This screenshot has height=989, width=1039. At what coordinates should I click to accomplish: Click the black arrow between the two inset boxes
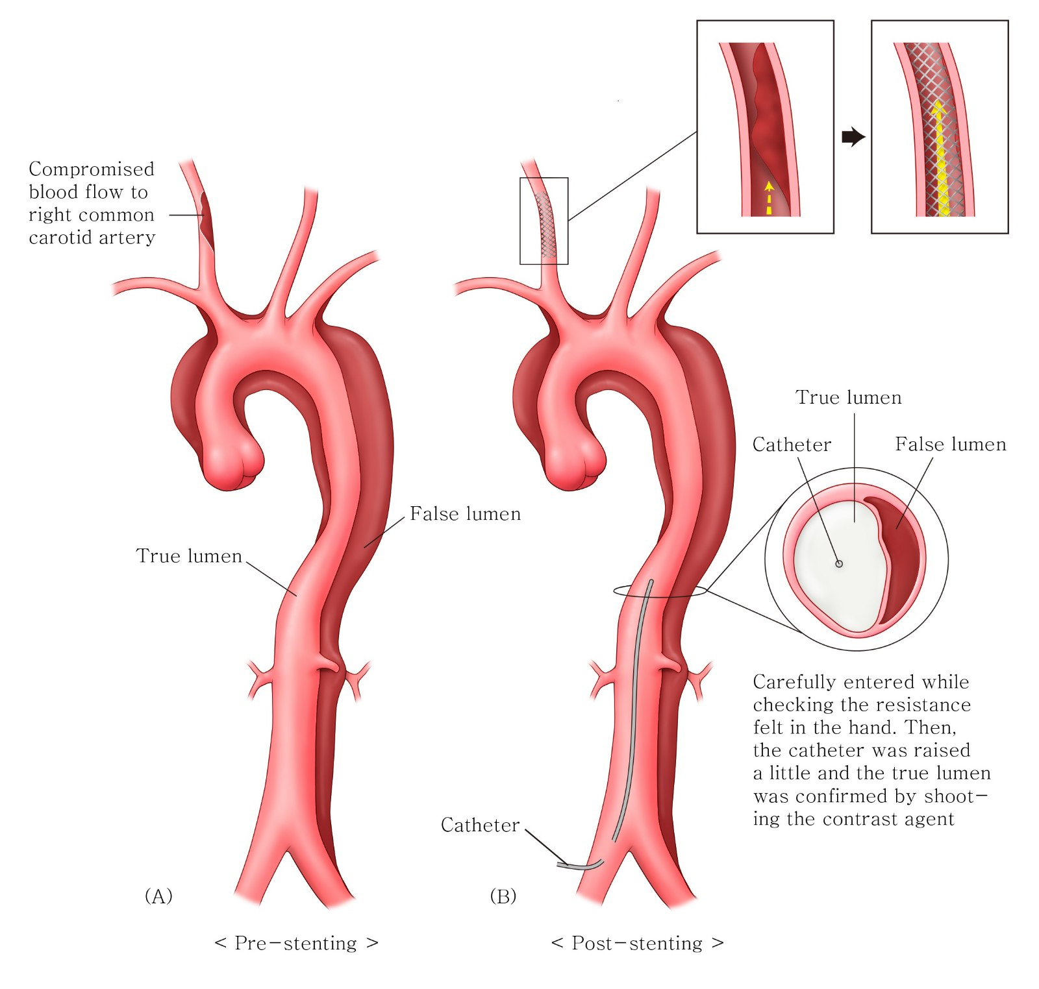(853, 137)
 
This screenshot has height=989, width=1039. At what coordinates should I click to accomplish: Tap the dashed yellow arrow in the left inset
(769, 197)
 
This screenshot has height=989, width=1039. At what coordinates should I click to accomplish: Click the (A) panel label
(158, 896)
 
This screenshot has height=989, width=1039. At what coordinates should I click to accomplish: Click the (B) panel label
(503, 896)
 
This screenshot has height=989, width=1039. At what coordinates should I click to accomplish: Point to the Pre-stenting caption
(296, 943)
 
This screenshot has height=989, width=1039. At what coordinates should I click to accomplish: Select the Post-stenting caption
(637, 943)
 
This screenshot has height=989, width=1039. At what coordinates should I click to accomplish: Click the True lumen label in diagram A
(189, 556)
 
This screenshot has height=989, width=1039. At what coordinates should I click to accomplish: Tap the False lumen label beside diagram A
(465, 514)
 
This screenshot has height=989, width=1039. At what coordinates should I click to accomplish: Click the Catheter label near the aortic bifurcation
(480, 825)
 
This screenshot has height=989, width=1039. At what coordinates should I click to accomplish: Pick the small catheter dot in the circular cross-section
(839, 563)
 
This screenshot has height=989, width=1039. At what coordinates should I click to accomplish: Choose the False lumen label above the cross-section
(951, 445)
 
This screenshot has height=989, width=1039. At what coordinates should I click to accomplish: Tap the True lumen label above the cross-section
(849, 397)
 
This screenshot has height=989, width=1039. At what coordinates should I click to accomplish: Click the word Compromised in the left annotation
(92, 169)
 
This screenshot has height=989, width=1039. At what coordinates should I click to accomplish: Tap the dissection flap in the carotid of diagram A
(206, 221)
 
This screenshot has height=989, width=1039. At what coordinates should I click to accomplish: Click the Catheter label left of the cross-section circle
(792, 445)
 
